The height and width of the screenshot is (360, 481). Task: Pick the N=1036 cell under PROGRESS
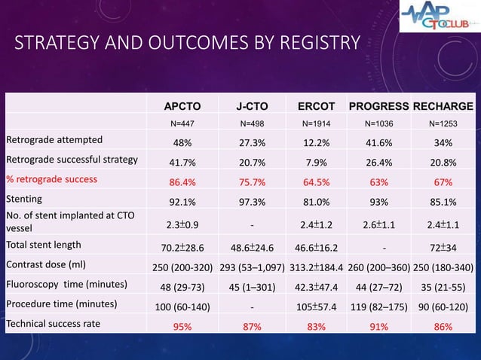[x=379, y=124]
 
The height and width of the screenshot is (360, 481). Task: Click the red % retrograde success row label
[x=56, y=179]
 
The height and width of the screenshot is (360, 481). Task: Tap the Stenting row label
[x=24, y=200]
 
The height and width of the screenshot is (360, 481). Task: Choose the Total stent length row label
[x=44, y=244]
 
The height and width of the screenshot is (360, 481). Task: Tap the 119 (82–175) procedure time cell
[x=379, y=307]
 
